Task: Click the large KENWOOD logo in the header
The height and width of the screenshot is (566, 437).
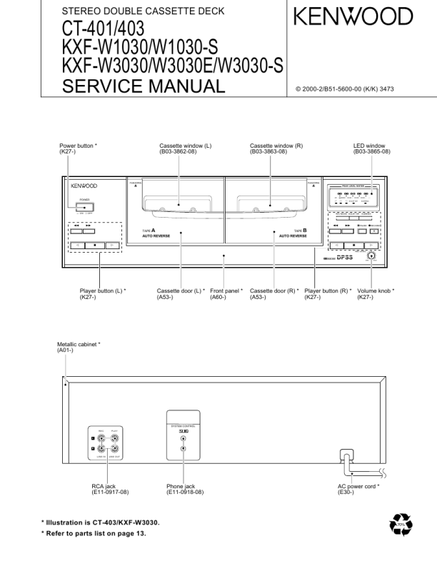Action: (x=352, y=16)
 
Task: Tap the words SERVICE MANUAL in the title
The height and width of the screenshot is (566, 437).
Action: (x=143, y=87)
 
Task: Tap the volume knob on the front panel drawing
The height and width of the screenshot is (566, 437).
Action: (x=371, y=257)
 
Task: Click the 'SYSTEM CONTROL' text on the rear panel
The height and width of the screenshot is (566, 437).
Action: (x=184, y=427)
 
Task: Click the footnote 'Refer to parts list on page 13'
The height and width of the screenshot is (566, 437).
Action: (x=94, y=534)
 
